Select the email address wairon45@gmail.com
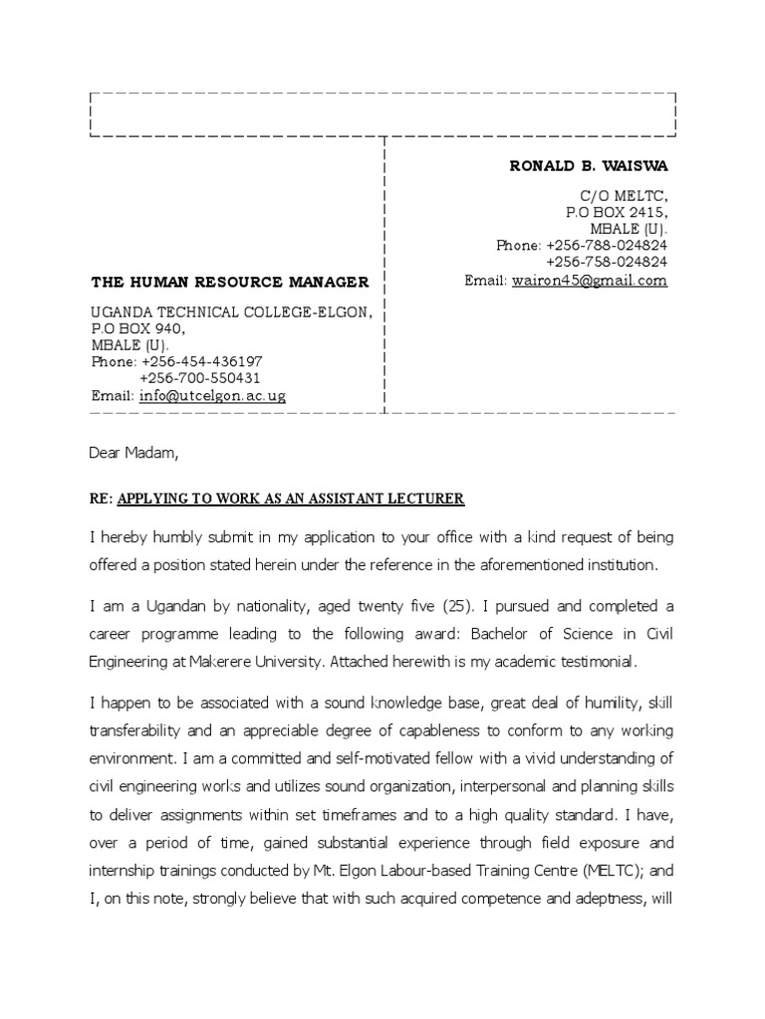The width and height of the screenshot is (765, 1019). coord(589,281)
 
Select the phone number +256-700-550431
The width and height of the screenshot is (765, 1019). coord(201,378)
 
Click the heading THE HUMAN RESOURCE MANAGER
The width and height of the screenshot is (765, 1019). coord(230,283)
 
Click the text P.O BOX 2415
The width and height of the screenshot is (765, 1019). coord(617,213)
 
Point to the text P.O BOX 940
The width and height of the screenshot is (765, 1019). coord(138,328)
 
